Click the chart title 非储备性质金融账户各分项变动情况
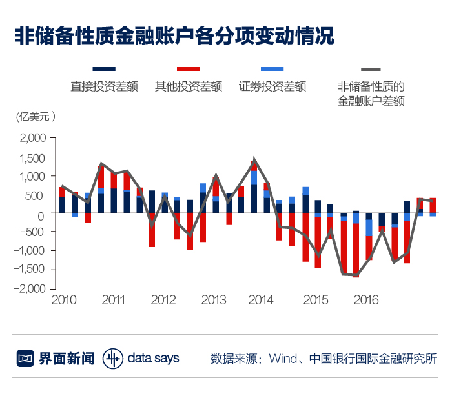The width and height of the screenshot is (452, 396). tap(174, 35)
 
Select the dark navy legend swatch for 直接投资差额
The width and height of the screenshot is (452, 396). tap(104, 69)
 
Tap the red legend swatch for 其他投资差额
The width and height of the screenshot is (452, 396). tap(188, 69)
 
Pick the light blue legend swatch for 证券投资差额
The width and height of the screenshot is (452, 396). tap(272, 69)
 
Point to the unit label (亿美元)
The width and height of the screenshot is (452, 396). tap(36, 117)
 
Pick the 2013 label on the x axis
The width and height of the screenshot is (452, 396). tap(214, 301)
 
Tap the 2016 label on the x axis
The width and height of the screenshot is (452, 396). tap(366, 301)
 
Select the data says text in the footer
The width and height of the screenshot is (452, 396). tap(153, 358)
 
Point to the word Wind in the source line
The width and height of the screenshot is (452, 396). tap(282, 359)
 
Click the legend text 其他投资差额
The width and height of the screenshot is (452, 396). tap(189, 86)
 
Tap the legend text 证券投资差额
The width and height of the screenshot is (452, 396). tap(272, 86)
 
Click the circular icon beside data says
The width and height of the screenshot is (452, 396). tap(112, 358)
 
